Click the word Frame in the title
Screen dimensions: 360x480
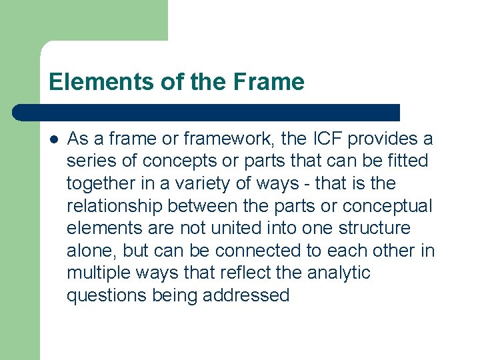point(269,82)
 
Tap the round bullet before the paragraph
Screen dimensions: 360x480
point(53,139)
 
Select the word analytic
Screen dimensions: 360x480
point(337,273)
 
